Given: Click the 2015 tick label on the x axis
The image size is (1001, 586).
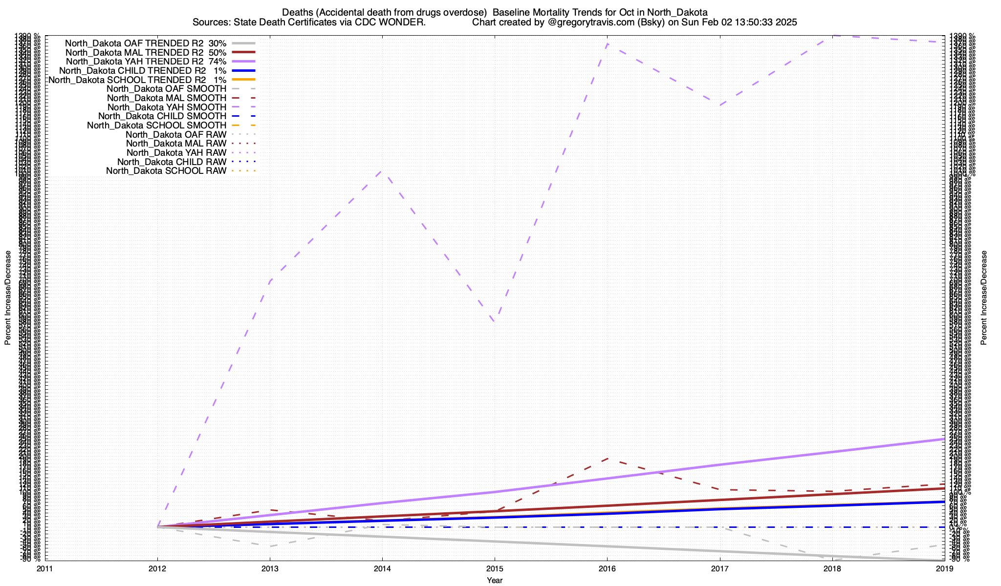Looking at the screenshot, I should point(495,568).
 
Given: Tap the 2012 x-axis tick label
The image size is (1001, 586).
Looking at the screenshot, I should point(157,568).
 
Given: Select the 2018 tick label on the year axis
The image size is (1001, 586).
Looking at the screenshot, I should point(832,568).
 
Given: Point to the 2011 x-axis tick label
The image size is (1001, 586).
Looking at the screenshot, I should point(45,568).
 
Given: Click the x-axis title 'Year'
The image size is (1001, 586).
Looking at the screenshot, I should point(495,580).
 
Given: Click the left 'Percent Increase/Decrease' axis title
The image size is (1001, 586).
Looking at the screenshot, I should point(8,298).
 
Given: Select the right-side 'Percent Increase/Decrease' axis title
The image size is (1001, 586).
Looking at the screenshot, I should point(984,298).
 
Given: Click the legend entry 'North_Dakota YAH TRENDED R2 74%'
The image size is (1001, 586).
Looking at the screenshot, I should point(146,62).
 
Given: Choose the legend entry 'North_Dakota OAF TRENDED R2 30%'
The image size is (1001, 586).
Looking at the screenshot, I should point(146,43).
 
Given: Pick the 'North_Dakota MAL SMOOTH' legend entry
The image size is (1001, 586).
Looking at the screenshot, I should point(167,98).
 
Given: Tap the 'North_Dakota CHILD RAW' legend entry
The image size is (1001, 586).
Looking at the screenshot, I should point(172,162).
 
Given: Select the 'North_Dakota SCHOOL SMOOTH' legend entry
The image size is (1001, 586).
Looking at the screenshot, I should point(157,126).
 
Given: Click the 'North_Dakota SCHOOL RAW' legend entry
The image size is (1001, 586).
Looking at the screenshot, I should point(166,171).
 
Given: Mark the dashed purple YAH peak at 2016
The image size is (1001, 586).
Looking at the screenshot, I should point(607,44).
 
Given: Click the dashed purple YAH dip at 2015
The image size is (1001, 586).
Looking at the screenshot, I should point(495,321).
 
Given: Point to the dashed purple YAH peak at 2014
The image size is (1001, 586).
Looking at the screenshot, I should point(382,171).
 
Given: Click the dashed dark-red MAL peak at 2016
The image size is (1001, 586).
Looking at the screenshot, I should point(607,458).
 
